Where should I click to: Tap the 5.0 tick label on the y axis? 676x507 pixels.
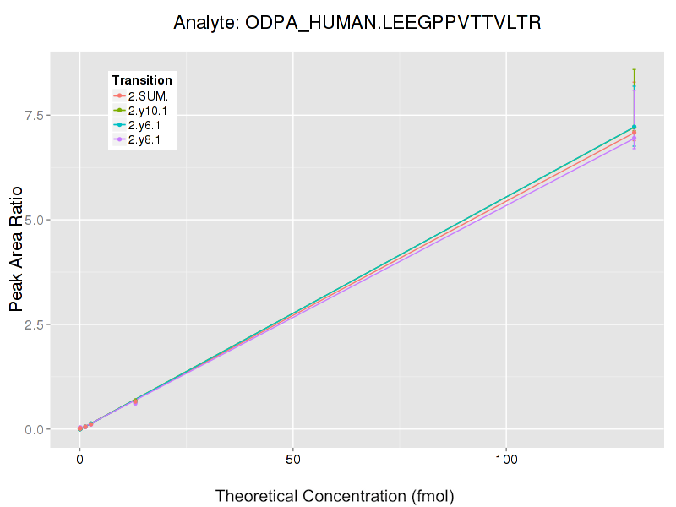35,220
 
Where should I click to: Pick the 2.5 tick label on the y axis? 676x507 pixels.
35,324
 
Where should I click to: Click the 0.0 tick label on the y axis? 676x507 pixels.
35,429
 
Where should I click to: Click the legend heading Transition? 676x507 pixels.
142,80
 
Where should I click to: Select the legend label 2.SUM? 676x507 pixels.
149,95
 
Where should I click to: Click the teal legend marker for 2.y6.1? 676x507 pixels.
120,125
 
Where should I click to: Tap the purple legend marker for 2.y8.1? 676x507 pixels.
120,140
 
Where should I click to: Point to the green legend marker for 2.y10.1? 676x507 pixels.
120,111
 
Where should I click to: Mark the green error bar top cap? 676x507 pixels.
634,69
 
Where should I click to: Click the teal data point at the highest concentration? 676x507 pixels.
634,127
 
